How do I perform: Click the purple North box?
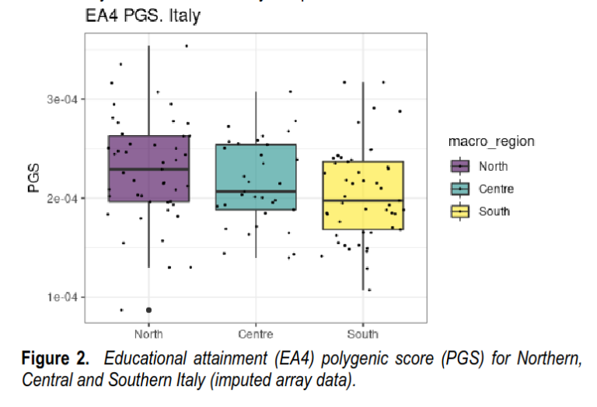click(x=148, y=186)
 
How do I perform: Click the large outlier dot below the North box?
click(x=148, y=310)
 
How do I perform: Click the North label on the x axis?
click(x=148, y=335)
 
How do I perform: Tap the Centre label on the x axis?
click(x=256, y=335)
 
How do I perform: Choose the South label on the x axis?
click(x=363, y=335)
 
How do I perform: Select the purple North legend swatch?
click(x=460, y=166)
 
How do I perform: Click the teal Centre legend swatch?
click(x=460, y=189)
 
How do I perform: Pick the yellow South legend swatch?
click(x=460, y=211)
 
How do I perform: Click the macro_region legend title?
click(x=491, y=141)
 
